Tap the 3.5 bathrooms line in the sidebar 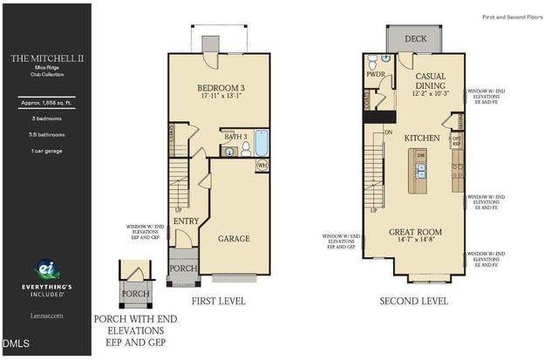point(45,134)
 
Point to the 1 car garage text point(45,151)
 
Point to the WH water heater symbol point(262,166)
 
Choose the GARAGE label point(234,239)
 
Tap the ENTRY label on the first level point(186,222)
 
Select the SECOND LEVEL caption point(414,301)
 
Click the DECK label point(414,38)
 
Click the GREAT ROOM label point(415,232)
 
